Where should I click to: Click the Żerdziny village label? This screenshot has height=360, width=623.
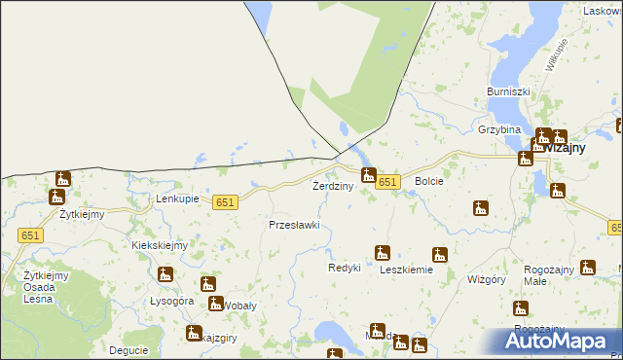tap(332, 186)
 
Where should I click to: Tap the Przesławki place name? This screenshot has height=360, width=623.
tap(294, 225)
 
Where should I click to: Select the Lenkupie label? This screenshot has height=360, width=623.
tap(177, 198)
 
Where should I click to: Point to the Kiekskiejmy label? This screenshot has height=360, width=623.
tap(160, 246)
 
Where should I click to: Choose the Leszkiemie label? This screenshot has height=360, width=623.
tap(406, 270)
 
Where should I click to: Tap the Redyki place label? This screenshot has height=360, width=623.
tap(345, 268)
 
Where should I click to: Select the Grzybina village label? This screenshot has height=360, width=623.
tap(499, 129)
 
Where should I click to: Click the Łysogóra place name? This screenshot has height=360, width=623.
tap(172, 302)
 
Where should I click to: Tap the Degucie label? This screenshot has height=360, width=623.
tap(128, 350)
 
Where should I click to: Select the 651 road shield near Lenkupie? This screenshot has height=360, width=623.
tap(225, 201)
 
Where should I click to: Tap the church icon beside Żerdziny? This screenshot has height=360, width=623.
tap(368, 175)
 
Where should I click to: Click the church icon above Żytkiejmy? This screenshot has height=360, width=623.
tap(63, 178)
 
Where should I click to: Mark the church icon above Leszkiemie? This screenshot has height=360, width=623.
tap(383, 253)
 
